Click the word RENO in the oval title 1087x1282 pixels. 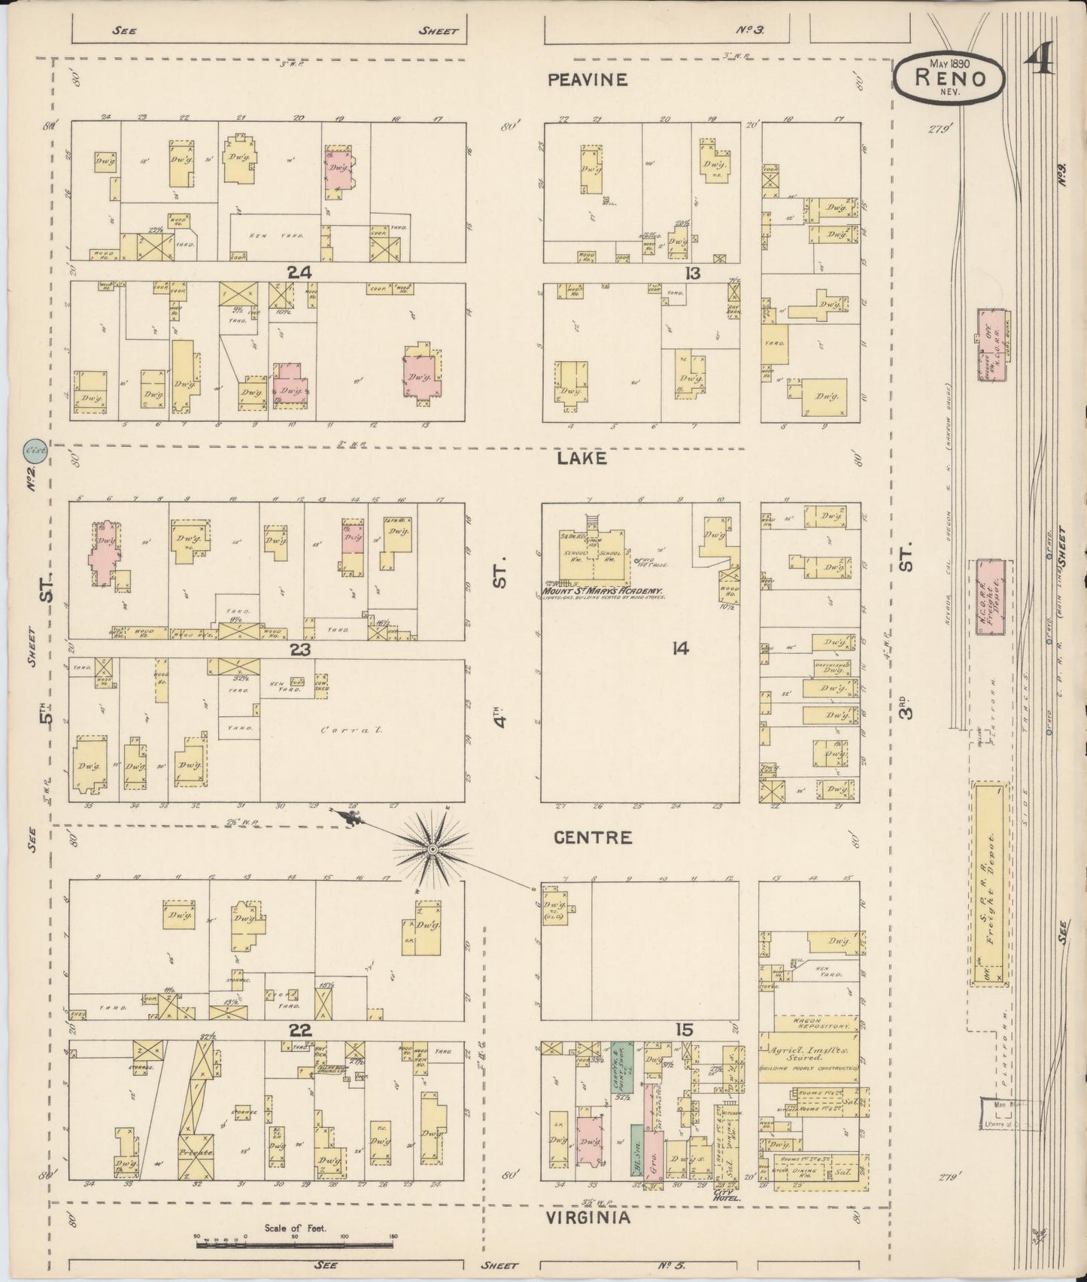coord(950,77)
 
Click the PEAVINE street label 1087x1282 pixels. coord(588,80)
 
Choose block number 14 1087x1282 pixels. coord(681,649)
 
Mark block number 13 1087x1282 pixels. coord(692,273)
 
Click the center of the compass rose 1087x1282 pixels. coord(433,849)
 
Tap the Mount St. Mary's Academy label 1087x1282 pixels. coord(602,592)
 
